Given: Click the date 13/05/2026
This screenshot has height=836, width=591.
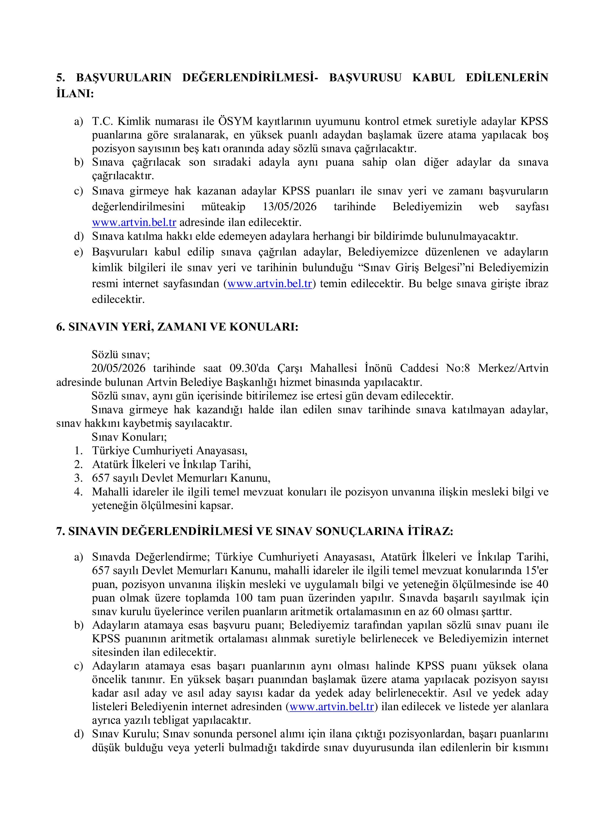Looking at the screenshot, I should [x=290, y=207].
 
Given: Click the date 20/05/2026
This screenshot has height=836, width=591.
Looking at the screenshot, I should [x=118, y=368].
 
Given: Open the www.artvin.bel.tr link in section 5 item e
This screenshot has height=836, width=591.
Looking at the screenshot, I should [x=270, y=284].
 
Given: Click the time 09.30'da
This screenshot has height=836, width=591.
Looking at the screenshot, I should [x=250, y=368].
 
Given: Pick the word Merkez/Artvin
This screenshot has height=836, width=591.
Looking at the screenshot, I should [x=513, y=368].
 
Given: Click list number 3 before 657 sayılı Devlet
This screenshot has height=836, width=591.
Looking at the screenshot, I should [x=79, y=478].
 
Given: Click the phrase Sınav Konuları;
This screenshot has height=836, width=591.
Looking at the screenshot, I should [x=129, y=437].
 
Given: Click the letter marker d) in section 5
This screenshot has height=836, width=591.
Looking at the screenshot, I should [x=79, y=237].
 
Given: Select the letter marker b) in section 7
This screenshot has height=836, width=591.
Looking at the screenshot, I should [x=79, y=625].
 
